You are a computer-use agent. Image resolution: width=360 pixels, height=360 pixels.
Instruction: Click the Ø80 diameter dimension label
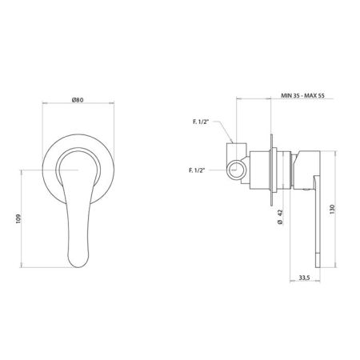point(78,100)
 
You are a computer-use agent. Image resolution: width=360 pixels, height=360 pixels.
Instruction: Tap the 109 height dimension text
point(18,218)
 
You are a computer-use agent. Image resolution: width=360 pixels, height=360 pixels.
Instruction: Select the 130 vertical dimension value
point(332,210)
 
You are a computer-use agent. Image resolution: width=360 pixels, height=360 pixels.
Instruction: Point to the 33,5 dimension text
point(304,278)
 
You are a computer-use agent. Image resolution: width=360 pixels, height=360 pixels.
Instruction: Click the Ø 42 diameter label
point(280,217)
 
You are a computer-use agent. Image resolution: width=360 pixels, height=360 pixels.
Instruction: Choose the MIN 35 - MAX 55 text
point(302,95)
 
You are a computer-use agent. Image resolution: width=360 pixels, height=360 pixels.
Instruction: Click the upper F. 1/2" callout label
point(201,122)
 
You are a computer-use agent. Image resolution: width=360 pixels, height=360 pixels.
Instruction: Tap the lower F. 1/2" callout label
point(197,170)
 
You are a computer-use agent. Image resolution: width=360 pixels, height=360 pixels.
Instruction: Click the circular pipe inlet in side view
point(236,169)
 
